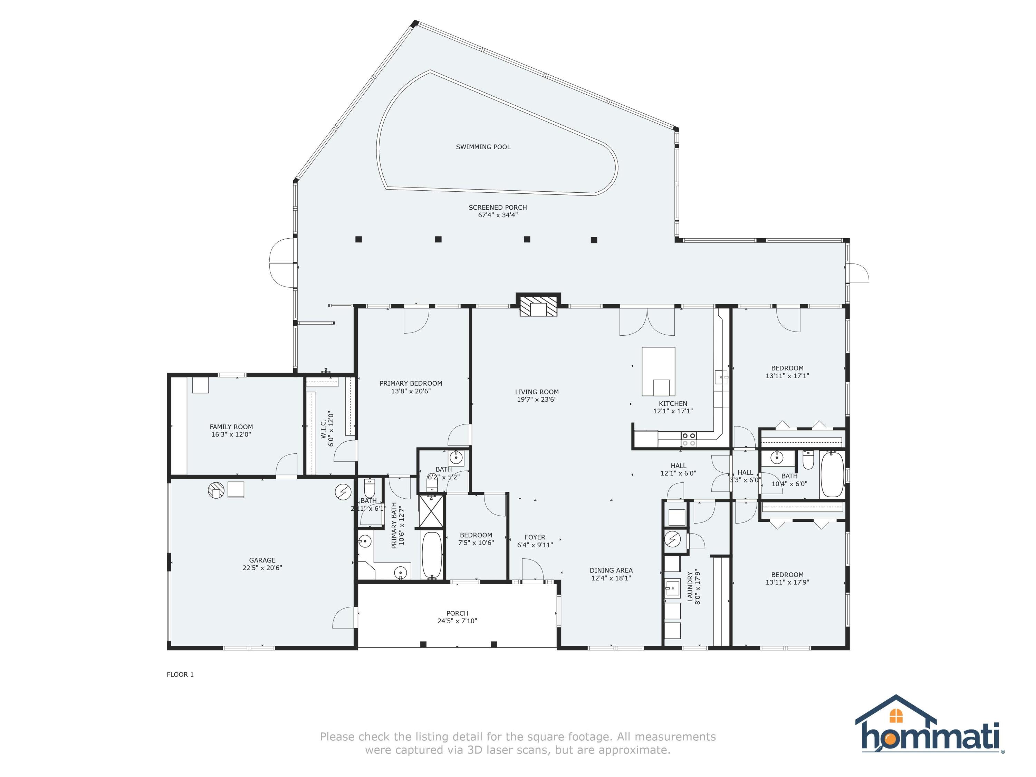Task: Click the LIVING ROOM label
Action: pyautogui.click(x=537, y=392)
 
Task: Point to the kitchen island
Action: pyautogui.click(x=658, y=371)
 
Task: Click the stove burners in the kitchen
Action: pyautogui.click(x=689, y=439)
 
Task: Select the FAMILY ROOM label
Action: pyautogui.click(x=231, y=427)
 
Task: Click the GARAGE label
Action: pyautogui.click(x=262, y=560)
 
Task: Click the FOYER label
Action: pyautogui.click(x=535, y=538)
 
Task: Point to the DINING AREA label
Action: pyautogui.click(x=611, y=570)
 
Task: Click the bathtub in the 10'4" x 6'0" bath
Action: pyautogui.click(x=832, y=474)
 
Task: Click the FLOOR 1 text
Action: pyautogui.click(x=180, y=674)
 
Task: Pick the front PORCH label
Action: pyautogui.click(x=457, y=613)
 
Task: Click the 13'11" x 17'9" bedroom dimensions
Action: pyautogui.click(x=787, y=583)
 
